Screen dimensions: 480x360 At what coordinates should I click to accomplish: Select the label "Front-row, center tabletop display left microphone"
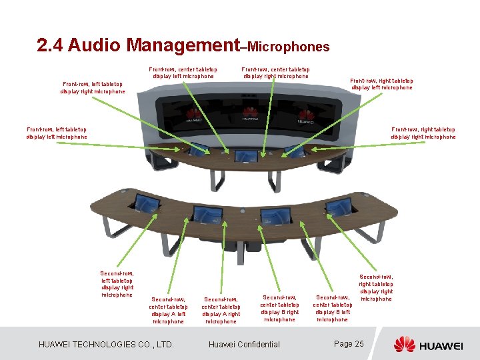click(183, 73)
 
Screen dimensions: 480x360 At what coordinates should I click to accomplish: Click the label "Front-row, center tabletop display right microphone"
click(276, 72)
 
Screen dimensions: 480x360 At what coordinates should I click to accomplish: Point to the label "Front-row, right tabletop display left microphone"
click(381, 84)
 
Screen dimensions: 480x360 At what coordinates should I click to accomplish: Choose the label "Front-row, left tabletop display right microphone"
click(93, 88)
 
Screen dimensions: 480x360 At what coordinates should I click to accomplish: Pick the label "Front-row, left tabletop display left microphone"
click(57, 133)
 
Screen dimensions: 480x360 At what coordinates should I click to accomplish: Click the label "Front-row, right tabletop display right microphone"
click(423, 133)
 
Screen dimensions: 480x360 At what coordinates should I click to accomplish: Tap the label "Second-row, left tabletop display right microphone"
click(117, 284)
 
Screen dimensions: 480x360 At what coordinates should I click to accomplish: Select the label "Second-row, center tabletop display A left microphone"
click(168, 311)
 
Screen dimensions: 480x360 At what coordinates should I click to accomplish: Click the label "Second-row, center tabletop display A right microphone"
click(221, 311)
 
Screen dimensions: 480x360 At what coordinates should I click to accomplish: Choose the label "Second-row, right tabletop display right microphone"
click(376, 287)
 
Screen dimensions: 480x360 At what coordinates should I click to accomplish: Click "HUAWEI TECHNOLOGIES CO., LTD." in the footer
click(107, 345)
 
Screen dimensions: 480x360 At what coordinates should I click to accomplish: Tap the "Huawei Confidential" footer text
click(244, 345)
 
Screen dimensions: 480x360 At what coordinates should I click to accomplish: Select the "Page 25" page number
click(349, 344)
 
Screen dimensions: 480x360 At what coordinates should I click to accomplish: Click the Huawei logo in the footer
click(427, 344)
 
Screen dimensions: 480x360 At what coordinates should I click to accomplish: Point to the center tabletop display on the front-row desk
click(245, 157)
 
